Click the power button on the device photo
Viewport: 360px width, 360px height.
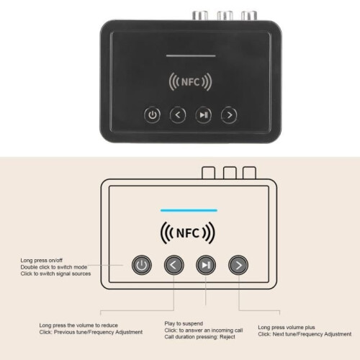[153, 115]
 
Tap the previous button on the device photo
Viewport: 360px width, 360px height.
[178, 115]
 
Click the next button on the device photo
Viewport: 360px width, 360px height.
[229, 115]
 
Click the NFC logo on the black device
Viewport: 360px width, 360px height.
[190, 82]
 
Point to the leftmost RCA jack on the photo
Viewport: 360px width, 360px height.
[200, 15]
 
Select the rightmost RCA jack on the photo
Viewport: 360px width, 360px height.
[249, 16]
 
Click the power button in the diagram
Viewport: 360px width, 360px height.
[142, 265]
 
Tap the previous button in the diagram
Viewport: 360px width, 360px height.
[174, 265]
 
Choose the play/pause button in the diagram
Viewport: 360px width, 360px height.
[206, 265]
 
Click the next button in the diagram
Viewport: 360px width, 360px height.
[238, 265]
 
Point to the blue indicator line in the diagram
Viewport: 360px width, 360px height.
[189, 210]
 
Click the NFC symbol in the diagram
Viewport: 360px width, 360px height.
[188, 233]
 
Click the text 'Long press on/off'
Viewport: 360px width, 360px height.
[42, 261]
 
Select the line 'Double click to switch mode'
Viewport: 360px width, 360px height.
[54, 267]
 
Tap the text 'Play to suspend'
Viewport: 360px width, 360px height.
[184, 323]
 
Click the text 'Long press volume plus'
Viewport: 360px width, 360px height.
[287, 328]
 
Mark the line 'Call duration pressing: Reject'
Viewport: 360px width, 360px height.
[199, 337]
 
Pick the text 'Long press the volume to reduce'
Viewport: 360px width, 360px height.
[78, 325]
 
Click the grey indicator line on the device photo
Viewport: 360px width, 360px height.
[191, 56]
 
